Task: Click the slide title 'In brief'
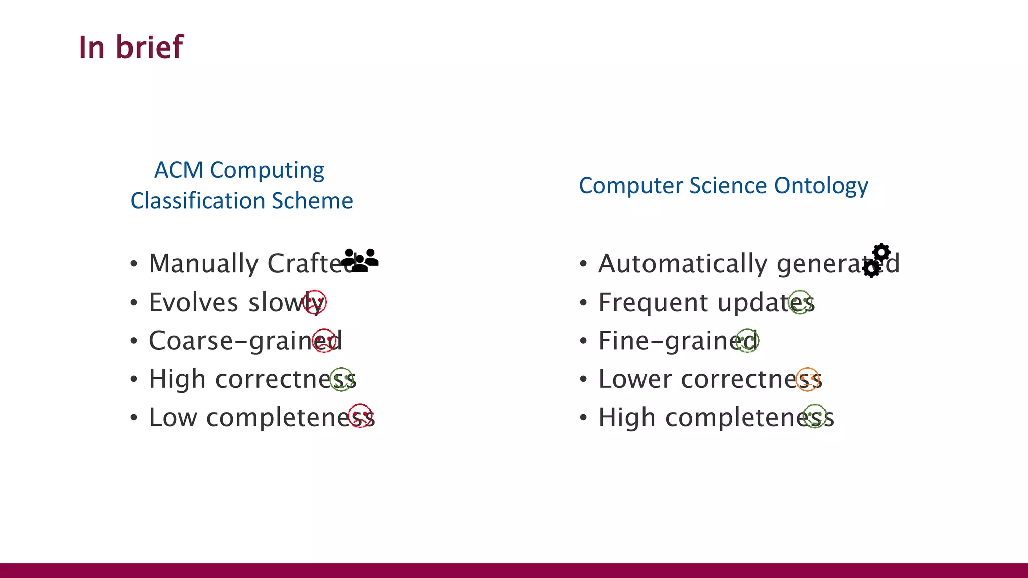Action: (131, 47)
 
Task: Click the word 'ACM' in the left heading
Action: (178, 170)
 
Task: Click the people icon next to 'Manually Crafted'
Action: (360, 260)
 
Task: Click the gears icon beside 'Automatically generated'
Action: (877, 260)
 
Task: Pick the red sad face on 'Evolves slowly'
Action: (315, 302)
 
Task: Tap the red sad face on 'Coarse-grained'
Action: (324, 341)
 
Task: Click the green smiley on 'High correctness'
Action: (342, 379)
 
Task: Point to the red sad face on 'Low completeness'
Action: (360, 416)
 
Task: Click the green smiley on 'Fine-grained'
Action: (747, 341)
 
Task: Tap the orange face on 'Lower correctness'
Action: (808, 379)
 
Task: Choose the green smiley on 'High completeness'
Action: (815, 416)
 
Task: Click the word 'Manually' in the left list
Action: (203, 264)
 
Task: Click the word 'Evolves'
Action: (193, 303)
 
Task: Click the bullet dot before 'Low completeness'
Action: (133, 418)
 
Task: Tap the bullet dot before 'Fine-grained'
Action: (583, 341)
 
